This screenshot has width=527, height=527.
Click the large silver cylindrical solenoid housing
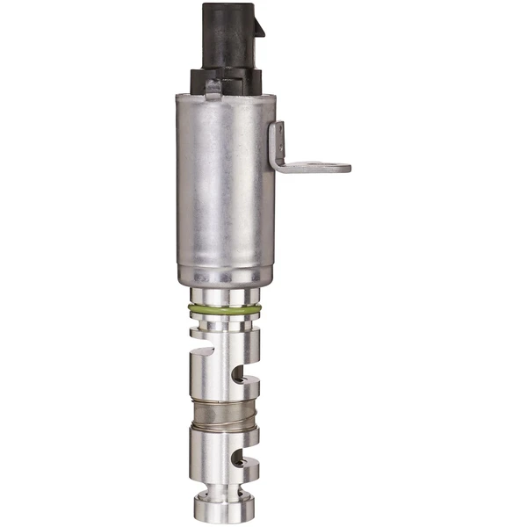(224, 184)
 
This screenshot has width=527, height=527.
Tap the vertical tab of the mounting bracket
(278, 145)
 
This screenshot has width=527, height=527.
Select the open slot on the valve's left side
(202, 356)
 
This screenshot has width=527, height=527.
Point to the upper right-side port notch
(250, 379)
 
